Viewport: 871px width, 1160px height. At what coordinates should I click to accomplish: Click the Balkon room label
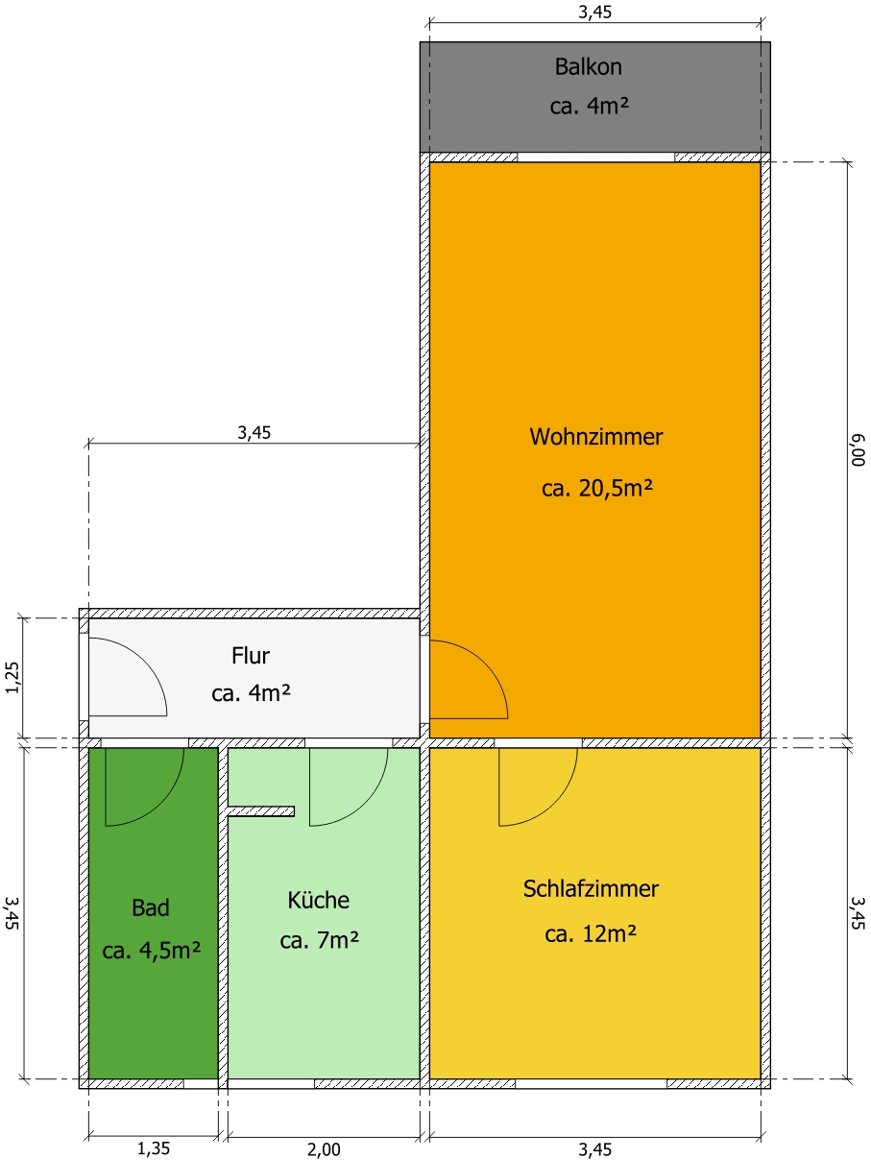(588, 67)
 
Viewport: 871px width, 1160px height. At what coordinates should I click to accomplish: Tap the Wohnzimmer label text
(595, 437)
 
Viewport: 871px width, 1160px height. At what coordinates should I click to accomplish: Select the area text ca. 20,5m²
(596, 488)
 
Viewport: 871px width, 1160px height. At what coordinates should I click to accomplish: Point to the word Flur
(251, 655)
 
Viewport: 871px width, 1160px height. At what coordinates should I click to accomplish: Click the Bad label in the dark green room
(151, 907)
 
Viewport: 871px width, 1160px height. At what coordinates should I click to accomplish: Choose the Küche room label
(318, 900)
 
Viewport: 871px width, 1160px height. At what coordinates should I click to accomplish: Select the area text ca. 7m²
(319, 940)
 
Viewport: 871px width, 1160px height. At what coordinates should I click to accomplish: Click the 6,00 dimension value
(859, 450)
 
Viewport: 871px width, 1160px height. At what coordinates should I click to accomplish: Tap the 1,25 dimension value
(12, 678)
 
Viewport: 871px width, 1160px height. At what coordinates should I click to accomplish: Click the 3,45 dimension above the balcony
(595, 12)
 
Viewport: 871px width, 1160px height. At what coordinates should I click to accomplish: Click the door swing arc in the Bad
(161, 804)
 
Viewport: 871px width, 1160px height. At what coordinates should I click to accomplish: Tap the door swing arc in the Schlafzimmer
(555, 804)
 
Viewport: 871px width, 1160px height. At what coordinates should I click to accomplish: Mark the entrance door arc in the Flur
(145, 661)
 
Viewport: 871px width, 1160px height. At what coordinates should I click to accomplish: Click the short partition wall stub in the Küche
(261, 811)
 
